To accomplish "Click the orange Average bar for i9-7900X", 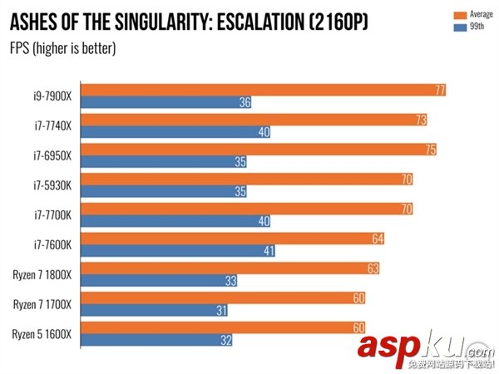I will coord(266,90).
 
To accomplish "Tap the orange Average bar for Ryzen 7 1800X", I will coord(234,268).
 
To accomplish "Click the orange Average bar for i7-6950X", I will coord(261,150).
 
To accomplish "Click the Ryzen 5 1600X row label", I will coord(42,335).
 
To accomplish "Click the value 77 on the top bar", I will coord(440,90).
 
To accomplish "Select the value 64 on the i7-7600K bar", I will coord(378,239).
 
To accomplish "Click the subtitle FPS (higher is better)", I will coord(62,47).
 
